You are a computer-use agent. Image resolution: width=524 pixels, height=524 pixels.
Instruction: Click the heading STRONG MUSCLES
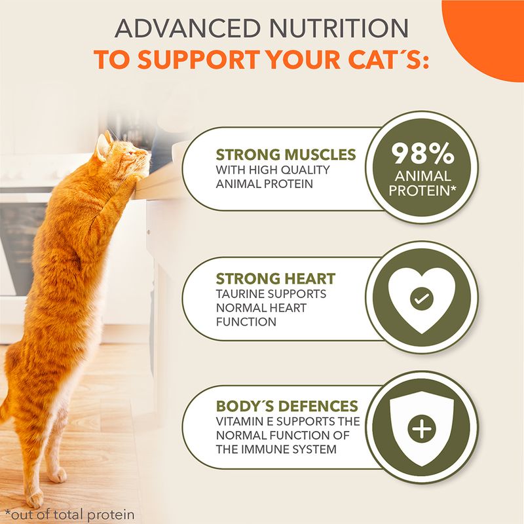[286, 155]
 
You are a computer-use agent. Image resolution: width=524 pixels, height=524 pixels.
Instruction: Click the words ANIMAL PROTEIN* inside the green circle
[422, 183]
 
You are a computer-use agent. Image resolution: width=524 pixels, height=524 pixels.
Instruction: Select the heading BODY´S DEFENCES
[287, 406]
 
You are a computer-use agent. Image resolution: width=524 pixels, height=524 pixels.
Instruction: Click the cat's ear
[102, 147]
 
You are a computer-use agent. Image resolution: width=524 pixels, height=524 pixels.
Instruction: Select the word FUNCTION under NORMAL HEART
[246, 322]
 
